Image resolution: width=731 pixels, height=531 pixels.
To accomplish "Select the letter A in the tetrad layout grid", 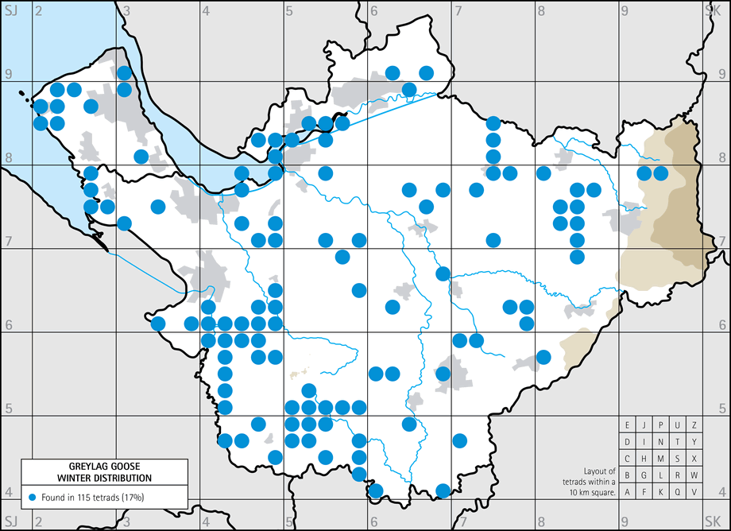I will pos(628,491).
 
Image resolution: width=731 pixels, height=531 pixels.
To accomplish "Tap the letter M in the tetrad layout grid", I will pos(661,458).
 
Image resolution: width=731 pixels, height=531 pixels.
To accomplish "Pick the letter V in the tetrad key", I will pos(694,491).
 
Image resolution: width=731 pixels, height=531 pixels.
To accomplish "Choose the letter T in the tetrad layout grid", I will pos(678,441).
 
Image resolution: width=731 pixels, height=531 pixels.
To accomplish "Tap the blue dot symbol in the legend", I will pos(32,497).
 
